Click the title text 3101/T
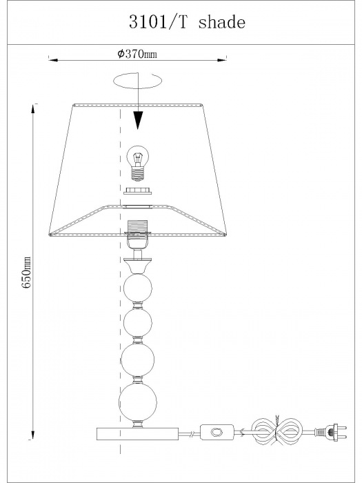coord(158,22)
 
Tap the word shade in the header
coord(221,22)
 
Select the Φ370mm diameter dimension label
coord(137,55)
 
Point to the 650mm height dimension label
coord(27,272)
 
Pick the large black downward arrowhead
coord(138,120)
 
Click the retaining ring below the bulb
coord(138,191)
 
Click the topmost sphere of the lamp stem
coord(138,288)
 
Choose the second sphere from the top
coord(138,323)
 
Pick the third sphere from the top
coord(138,359)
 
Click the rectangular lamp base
coord(138,434)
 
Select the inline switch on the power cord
coord(217,433)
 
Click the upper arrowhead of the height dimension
coord(32,108)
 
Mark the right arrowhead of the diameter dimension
coord(221,60)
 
